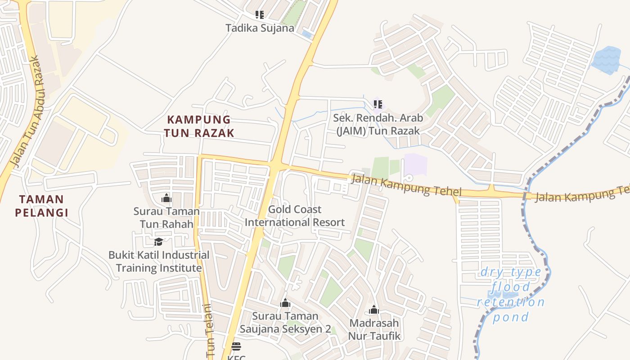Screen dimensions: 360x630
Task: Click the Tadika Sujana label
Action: coord(260,28)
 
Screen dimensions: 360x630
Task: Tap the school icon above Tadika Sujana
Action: coord(260,15)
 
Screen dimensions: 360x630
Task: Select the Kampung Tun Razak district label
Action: coord(199,126)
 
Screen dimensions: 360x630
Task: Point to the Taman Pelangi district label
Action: coord(41,206)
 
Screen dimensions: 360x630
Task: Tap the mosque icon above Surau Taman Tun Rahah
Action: coord(166,198)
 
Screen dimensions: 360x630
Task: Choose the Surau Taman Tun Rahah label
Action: coord(166,217)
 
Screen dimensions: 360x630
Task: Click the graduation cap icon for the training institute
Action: coord(158,242)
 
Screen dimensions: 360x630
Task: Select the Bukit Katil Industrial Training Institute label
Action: coord(159,261)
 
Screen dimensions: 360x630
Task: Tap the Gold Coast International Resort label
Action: coord(295,216)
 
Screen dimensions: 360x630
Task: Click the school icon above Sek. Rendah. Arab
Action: coord(378,105)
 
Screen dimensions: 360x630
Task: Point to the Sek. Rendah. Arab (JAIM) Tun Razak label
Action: coord(378,124)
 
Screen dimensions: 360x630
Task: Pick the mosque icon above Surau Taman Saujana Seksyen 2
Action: coord(285,303)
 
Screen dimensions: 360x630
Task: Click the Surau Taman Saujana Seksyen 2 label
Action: coord(285,322)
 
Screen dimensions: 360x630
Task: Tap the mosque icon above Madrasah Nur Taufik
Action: coord(374,310)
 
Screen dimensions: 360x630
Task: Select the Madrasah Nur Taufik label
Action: coord(374,329)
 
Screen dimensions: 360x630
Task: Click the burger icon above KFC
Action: coord(236,346)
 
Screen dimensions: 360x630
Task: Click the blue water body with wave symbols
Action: coord(606,60)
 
